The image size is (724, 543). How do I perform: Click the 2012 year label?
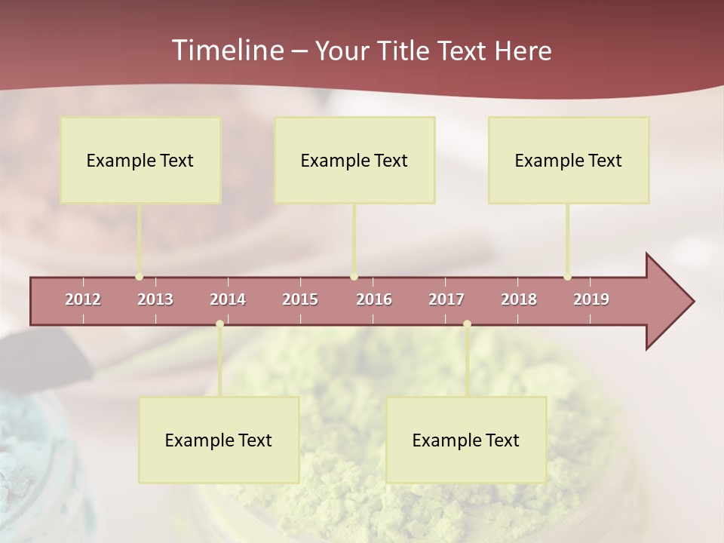83,299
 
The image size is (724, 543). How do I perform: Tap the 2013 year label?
155,299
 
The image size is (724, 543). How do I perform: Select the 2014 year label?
228,299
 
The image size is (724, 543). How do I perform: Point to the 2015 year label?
300,299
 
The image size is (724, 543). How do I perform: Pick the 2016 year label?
374,299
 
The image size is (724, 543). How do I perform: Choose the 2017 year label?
446,299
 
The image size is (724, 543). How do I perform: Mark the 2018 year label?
519,299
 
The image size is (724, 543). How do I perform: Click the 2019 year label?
591,299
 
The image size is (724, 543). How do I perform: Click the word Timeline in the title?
227,51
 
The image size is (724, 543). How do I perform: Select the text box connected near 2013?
140,160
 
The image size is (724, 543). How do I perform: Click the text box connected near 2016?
354,160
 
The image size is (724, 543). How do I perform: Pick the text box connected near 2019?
569,160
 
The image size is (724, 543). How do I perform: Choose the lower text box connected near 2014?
219,440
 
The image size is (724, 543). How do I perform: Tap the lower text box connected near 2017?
466,440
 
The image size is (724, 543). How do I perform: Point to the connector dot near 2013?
140,277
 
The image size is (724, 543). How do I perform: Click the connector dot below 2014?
219,324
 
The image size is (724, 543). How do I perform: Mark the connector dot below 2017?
467,324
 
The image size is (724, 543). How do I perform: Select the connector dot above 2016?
354,277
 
